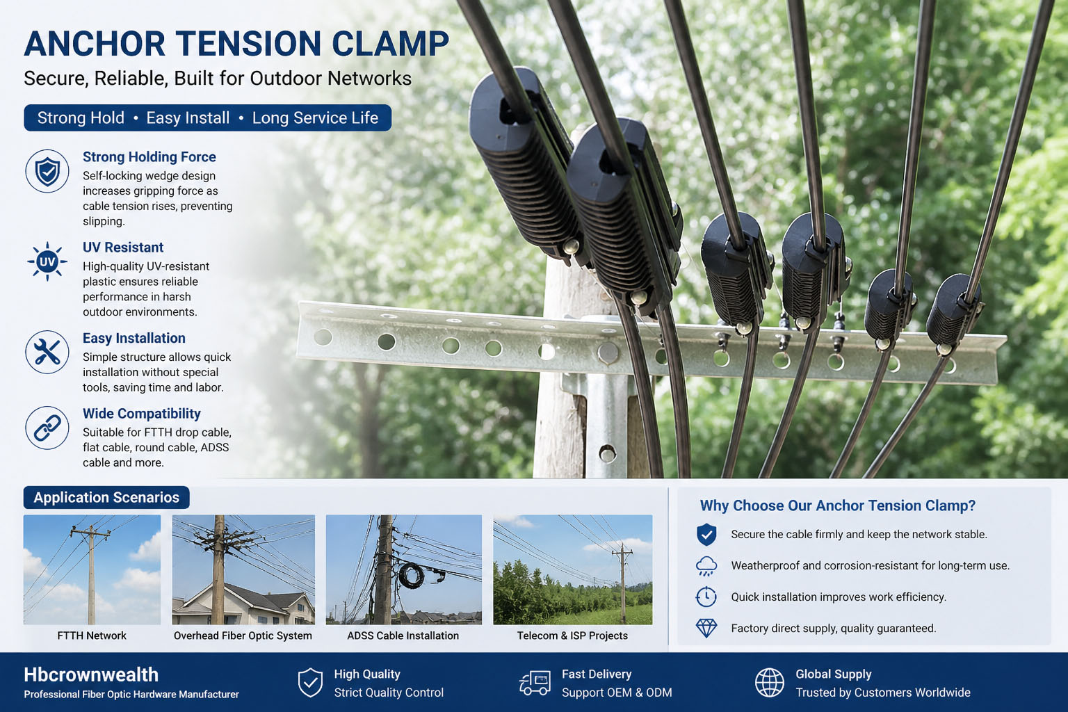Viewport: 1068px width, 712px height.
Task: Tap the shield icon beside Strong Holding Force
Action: (x=47, y=171)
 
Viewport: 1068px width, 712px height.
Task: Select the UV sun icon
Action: (x=47, y=261)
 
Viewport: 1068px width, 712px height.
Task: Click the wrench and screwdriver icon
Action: (x=47, y=353)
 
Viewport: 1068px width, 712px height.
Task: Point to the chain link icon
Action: (x=47, y=428)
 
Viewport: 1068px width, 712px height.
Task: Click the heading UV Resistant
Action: (x=123, y=248)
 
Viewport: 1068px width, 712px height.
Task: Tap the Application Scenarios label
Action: (x=106, y=497)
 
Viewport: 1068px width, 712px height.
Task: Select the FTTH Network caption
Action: (x=92, y=636)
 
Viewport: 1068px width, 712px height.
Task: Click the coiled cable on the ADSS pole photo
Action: (x=411, y=575)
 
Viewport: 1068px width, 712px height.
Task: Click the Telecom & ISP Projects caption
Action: (x=572, y=636)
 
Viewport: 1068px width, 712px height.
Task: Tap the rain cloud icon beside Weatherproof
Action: (x=706, y=566)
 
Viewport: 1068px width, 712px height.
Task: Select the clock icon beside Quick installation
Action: (x=706, y=597)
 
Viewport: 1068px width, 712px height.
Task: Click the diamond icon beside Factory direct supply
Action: (x=706, y=628)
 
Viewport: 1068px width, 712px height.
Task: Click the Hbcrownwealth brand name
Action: (x=91, y=675)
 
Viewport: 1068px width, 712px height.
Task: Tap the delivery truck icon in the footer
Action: (x=535, y=683)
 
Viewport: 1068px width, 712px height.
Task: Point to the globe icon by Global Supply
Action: (x=770, y=682)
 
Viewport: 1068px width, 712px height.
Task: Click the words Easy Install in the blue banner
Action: (x=188, y=118)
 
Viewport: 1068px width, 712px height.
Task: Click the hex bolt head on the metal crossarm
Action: (x=608, y=353)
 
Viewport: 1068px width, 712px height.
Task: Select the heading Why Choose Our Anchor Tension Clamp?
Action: (x=838, y=505)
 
